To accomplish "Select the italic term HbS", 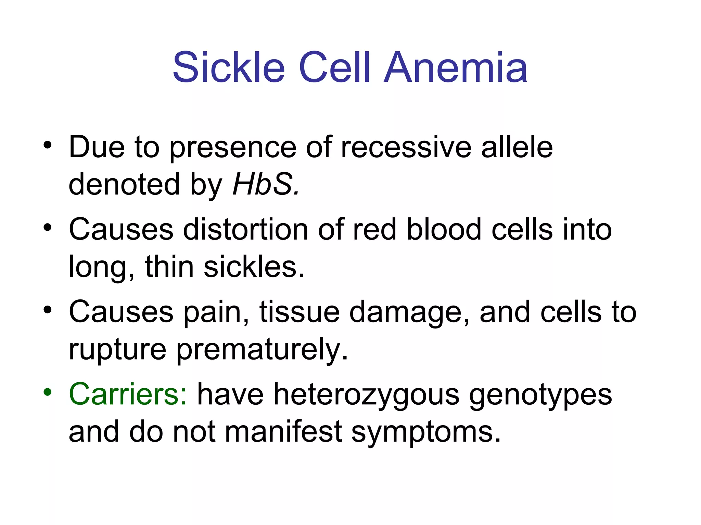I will tap(266, 185).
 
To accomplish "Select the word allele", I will tap(517, 147).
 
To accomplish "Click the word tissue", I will tap(299, 312).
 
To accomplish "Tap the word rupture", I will tap(117, 350).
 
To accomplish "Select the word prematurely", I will tap(262, 350).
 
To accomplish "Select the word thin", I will tap(169, 267).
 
